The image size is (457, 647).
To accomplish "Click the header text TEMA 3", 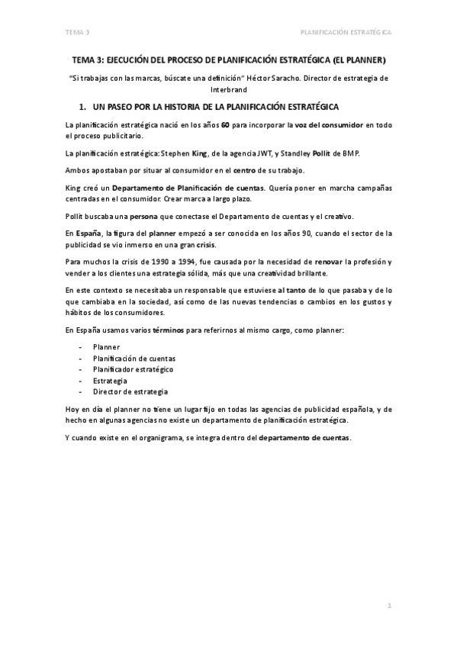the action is coord(77,33).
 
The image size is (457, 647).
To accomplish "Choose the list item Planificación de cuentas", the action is coord(134,357).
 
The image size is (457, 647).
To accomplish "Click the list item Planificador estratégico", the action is coord(133,369).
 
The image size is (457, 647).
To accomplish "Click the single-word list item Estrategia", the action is coord(110,380).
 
